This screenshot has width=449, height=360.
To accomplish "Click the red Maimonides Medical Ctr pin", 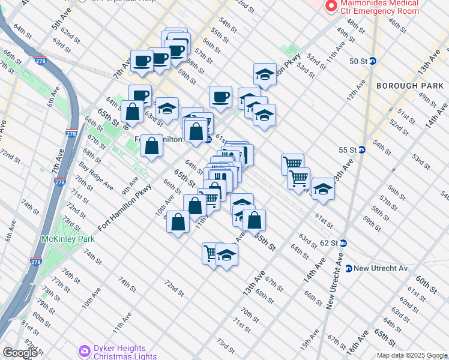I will click(x=330, y=6).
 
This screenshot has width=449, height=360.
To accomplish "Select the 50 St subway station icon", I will click(x=372, y=61).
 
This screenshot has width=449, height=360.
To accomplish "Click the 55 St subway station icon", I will click(x=362, y=149).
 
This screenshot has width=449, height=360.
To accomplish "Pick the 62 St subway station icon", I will click(x=343, y=243).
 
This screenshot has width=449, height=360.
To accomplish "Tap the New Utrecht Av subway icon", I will click(x=348, y=268).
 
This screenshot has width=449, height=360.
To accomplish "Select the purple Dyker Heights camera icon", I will click(x=84, y=350).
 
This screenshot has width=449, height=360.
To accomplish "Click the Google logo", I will click(x=20, y=352).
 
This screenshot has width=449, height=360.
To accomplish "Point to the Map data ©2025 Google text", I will click(x=412, y=355).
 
